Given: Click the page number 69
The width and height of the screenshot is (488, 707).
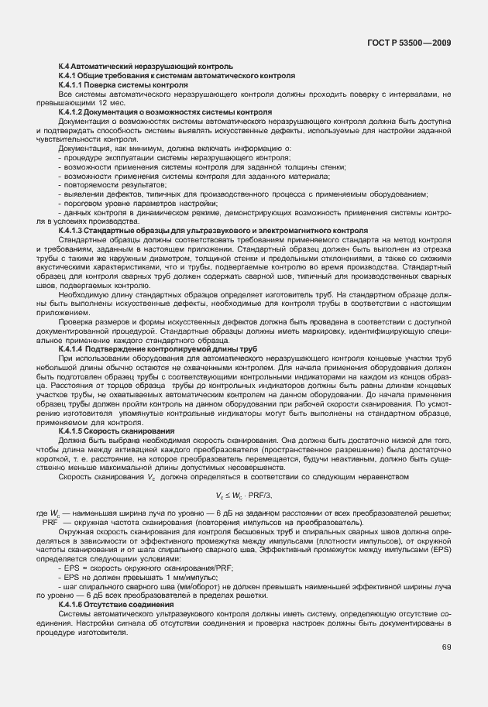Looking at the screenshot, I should point(447,647).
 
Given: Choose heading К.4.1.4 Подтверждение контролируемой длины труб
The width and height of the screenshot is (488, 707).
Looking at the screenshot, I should point(157,349).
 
